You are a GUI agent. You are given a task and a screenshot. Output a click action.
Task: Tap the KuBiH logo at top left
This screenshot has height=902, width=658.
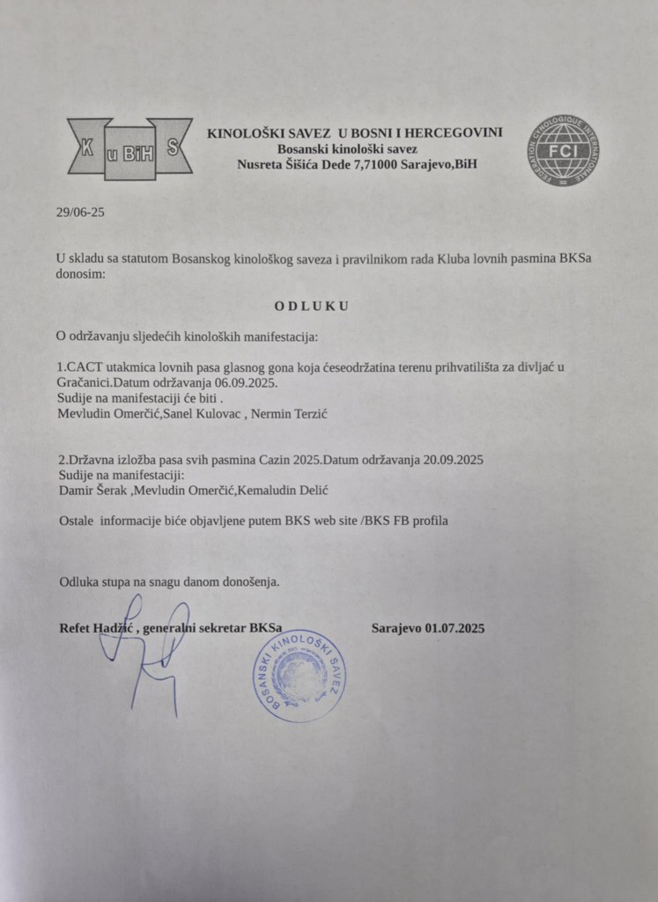point(129,149)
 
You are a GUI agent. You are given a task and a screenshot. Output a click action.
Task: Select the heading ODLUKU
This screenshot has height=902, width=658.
point(311,306)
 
